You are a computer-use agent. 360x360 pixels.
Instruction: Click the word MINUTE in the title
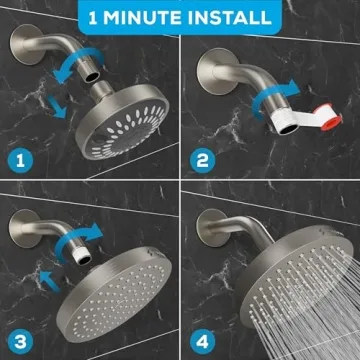(160, 17)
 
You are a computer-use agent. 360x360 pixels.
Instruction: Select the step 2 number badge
(202, 159)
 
